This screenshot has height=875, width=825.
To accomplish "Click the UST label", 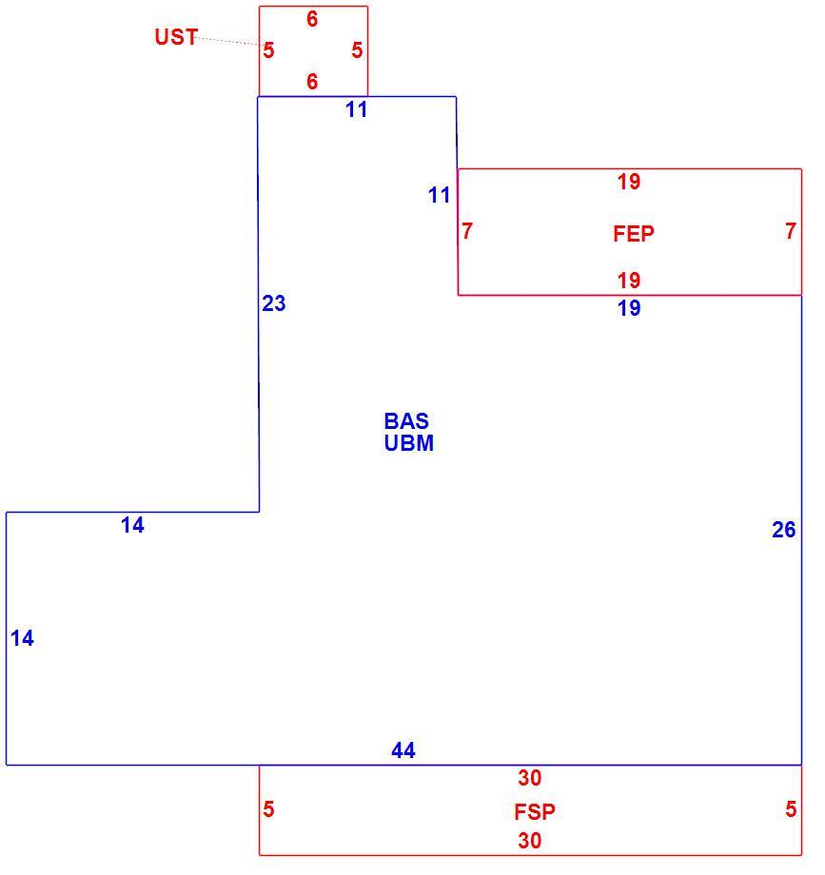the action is click(176, 37).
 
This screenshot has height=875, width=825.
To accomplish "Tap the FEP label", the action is click(634, 233).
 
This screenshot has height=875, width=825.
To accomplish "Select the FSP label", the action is click(535, 812).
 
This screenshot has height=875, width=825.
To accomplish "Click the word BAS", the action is click(406, 420).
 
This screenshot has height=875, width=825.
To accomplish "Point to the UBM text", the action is click(408, 443).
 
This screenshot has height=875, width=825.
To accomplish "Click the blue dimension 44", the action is click(403, 750).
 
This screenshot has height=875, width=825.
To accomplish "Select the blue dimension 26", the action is click(784, 530).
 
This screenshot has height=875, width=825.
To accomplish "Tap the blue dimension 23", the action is click(273, 303).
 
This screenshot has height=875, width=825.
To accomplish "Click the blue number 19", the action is click(629, 308).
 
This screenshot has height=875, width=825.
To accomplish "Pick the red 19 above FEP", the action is click(629, 182).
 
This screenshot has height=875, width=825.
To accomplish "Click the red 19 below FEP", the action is click(629, 281).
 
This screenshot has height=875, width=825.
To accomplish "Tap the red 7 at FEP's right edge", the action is click(791, 230).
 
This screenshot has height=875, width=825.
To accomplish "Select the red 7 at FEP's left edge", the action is click(467, 230).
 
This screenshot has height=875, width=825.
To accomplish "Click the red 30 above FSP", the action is click(529, 778).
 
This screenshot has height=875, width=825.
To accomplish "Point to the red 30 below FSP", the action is click(529, 841).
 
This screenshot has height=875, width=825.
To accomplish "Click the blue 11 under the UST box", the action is click(357, 110).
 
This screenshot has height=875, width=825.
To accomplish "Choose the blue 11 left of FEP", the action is click(440, 195).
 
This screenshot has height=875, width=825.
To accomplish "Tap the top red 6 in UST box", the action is click(312, 19).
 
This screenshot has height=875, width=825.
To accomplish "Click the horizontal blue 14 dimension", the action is click(133, 525).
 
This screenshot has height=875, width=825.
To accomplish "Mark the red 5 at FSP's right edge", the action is click(791, 808).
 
